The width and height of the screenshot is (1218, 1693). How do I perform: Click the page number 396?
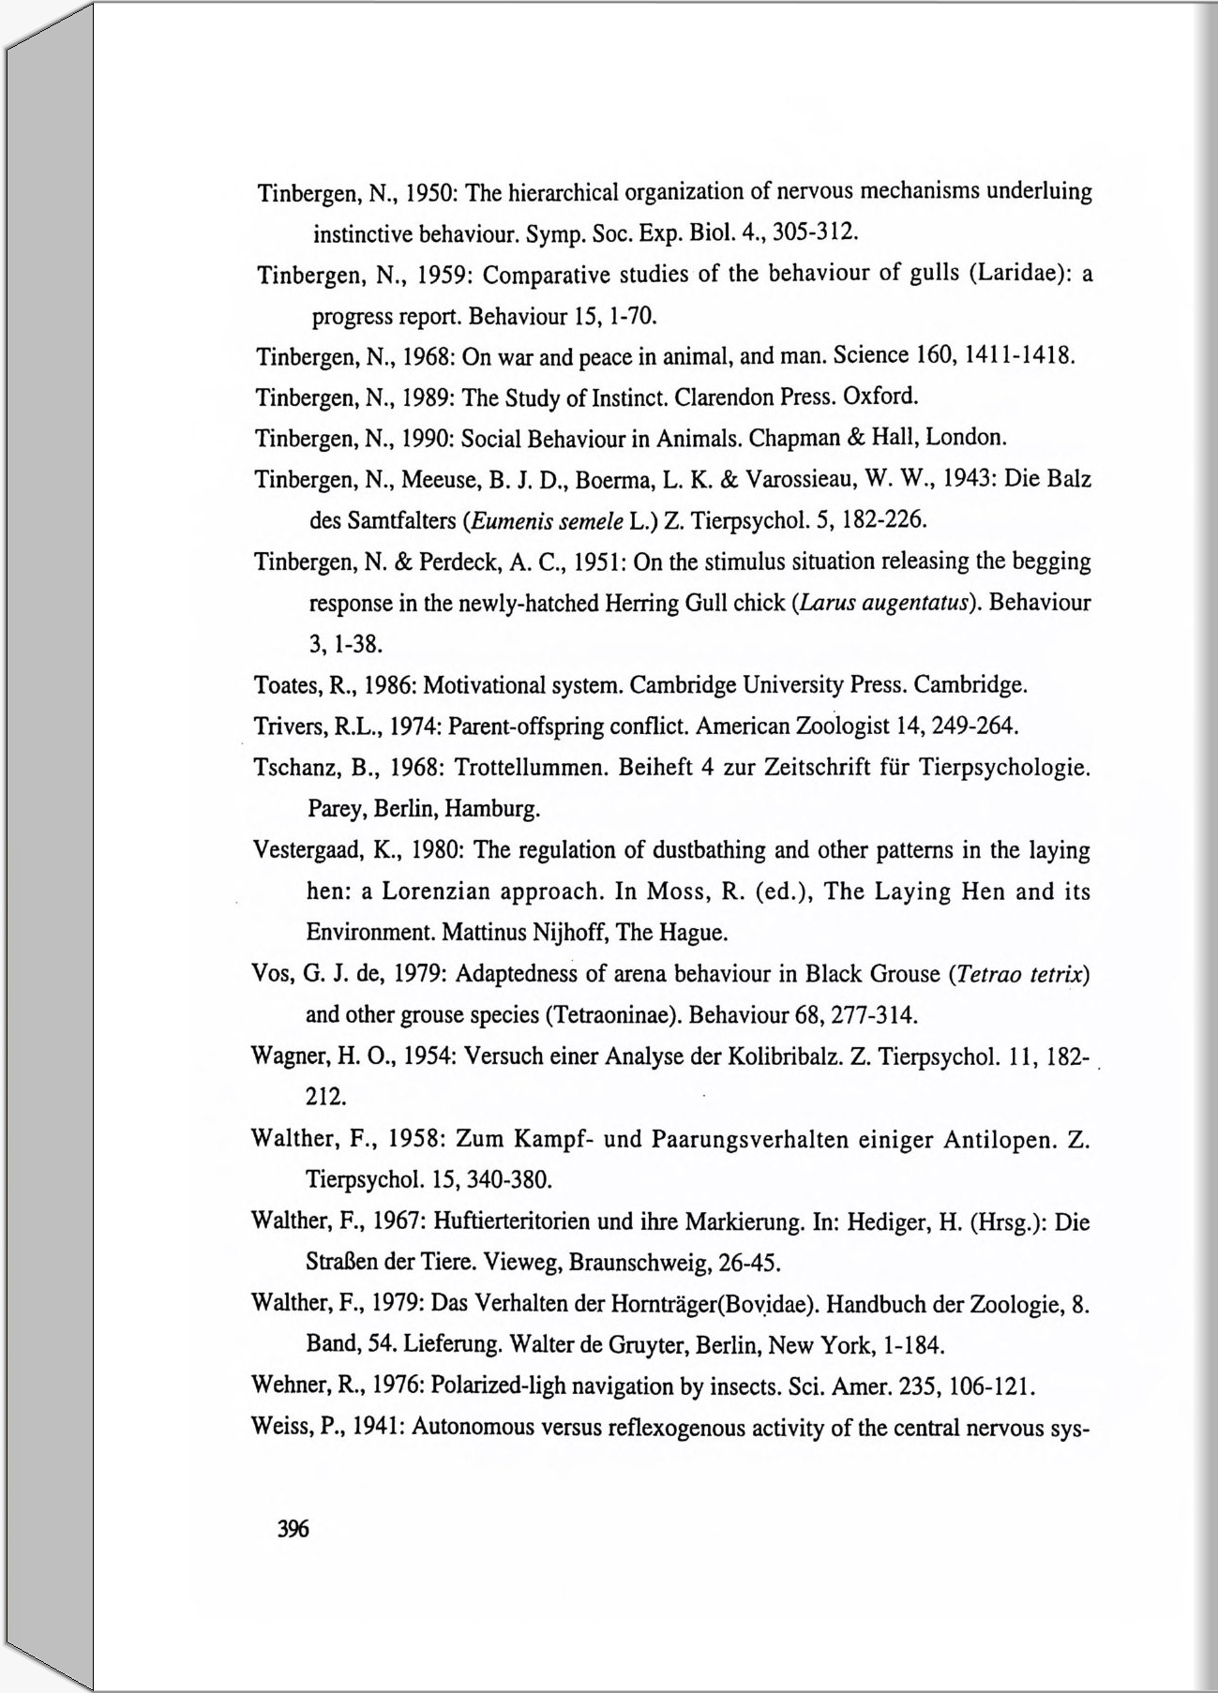[293, 1529]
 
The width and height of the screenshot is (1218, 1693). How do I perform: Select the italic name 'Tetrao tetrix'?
[1017, 974]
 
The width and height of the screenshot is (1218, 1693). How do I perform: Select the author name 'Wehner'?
[286, 1386]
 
